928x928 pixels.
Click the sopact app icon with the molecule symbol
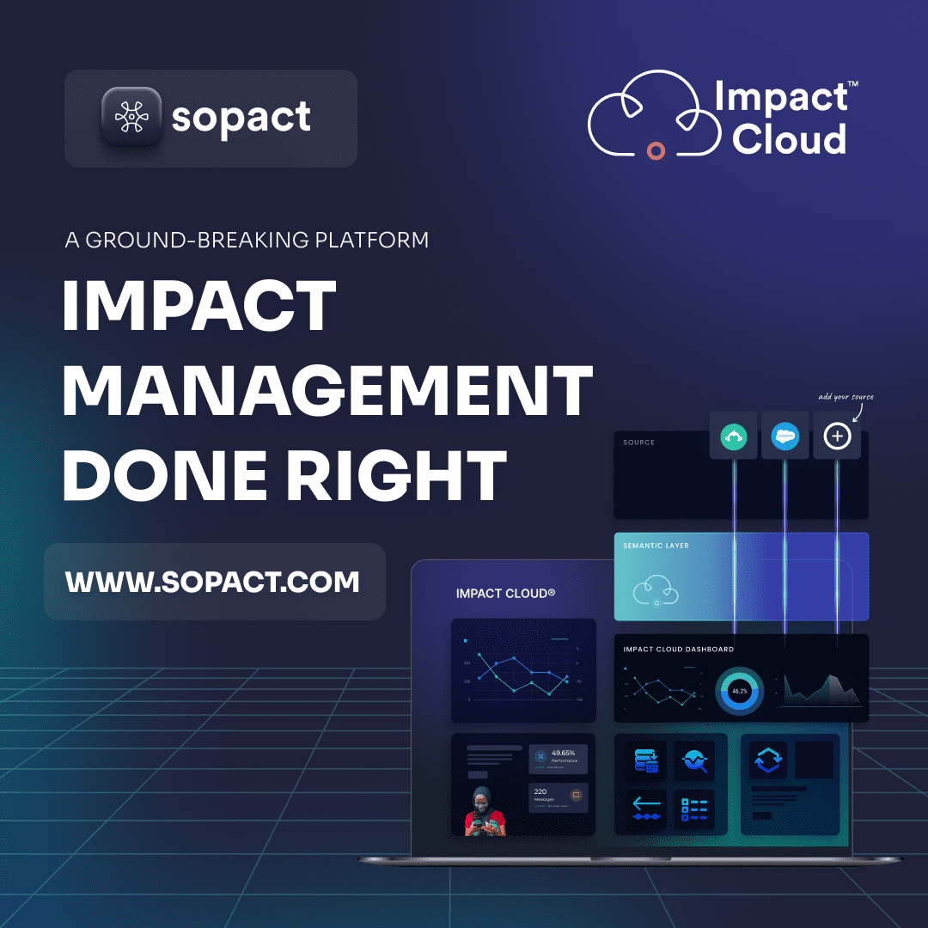coord(131,118)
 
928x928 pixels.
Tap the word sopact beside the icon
coord(241,118)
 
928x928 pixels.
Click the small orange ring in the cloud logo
coord(656,151)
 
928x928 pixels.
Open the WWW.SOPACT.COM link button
coord(213,582)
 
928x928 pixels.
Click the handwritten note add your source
coord(846,397)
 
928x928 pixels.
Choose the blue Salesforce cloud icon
coord(785,437)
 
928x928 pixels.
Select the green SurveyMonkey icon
coord(733,437)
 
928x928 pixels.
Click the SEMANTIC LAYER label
coord(656,546)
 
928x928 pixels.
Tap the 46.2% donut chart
coord(739,691)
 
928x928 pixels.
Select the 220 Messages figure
coord(541,792)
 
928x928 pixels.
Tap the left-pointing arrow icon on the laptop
coord(646,804)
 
